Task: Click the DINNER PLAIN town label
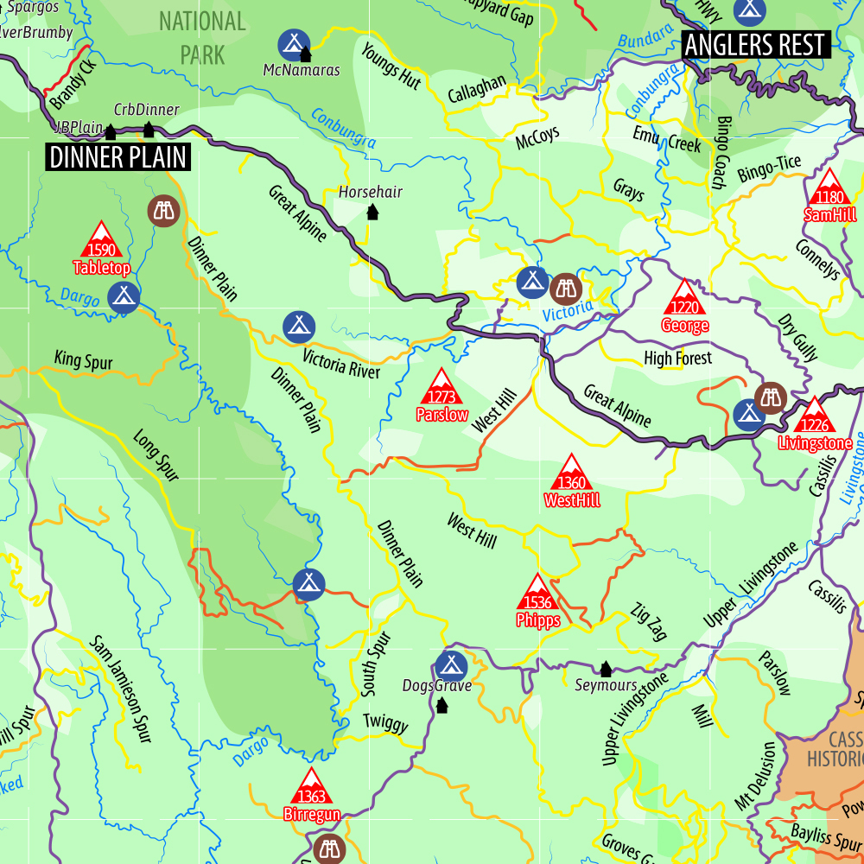[x=118, y=157]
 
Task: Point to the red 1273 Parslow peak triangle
[x=442, y=386]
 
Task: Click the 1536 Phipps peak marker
[x=538, y=592]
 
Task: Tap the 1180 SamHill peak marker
[x=829, y=187]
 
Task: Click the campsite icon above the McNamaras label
[x=294, y=43]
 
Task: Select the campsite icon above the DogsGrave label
[x=449, y=665]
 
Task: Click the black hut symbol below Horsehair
[x=372, y=212]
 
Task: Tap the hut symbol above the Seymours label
[x=606, y=669]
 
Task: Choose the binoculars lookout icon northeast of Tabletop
[x=162, y=209]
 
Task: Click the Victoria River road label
[x=341, y=364]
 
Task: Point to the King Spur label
[x=83, y=360]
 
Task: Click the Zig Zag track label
[x=650, y=621]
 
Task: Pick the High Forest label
[x=677, y=358]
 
